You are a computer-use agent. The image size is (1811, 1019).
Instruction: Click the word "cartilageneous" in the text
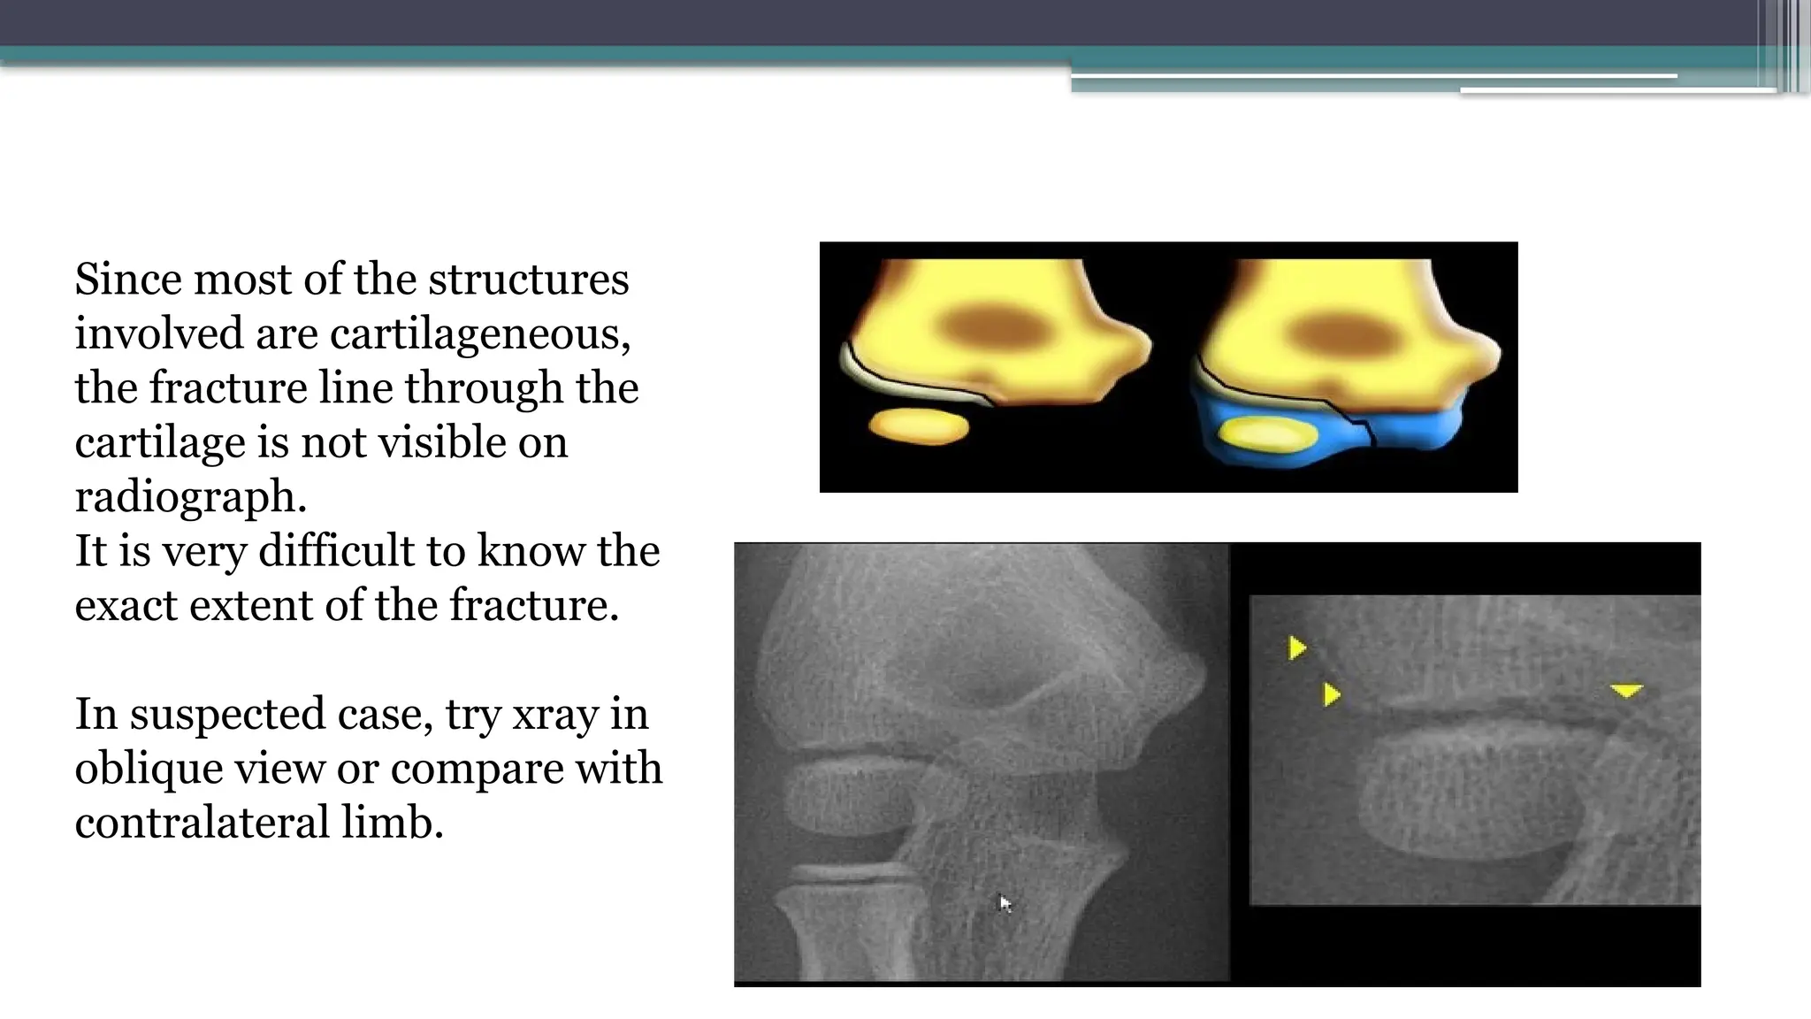tap(480, 334)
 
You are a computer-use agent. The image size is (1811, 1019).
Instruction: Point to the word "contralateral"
tap(202, 823)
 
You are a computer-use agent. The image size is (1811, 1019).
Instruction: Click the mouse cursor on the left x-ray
tap(1005, 903)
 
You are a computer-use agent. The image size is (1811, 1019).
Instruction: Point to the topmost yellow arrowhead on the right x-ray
tap(1296, 648)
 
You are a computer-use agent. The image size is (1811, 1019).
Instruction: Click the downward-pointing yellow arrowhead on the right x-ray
tap(1626, 690)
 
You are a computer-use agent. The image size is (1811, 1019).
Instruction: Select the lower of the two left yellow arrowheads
tap(1331, 694)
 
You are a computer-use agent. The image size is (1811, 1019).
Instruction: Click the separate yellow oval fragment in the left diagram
tap(919, 426)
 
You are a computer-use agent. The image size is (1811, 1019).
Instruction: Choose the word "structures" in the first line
tap(528, 280)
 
